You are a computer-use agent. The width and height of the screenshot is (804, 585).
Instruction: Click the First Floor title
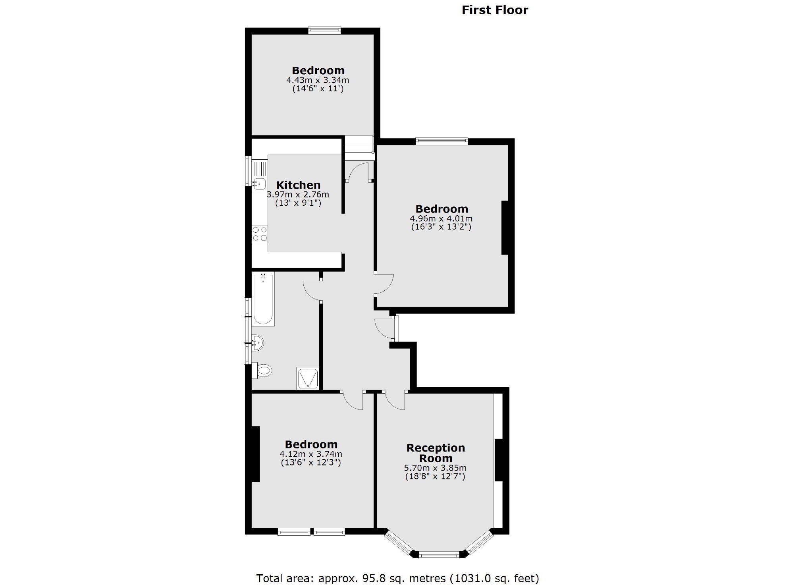pos(495,10)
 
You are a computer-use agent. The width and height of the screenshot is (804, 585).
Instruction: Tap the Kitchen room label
pos(298,185)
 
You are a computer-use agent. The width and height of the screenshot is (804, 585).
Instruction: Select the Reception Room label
pos(436,453)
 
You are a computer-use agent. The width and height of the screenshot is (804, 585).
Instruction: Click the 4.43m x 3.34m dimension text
pos(318,80)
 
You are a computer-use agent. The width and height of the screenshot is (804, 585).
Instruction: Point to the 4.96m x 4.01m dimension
pos(441,219)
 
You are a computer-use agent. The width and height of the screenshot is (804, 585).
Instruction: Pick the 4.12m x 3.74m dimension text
pos(311,454)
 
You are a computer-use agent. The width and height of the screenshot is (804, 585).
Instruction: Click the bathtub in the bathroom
pos(263,299)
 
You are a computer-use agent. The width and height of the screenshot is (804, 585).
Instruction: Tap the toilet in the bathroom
pos(263,371)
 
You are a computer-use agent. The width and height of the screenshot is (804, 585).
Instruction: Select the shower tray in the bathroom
pos(307,378)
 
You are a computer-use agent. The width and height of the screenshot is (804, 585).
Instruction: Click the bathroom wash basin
pos(258,342)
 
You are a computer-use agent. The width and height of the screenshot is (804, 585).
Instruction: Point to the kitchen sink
pos(259,183)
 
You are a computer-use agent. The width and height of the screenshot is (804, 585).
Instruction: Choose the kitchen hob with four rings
pos(260,234)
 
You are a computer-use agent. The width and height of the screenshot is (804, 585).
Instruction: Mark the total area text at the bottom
pos(397,578)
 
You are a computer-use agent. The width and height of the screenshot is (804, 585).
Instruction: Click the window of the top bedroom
pos(325,30)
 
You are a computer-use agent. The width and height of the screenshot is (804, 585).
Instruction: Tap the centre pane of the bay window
pos(439,555)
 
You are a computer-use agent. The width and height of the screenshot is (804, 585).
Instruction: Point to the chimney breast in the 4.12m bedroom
pos(255,454)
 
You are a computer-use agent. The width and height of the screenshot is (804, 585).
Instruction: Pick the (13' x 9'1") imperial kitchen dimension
pos(298,203)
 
